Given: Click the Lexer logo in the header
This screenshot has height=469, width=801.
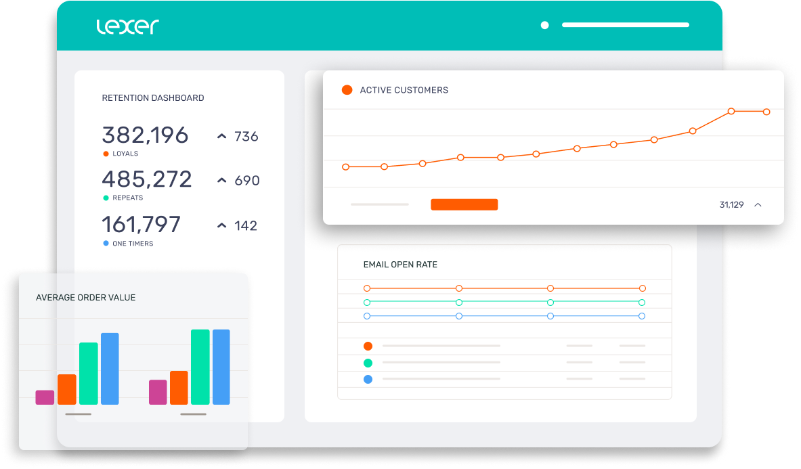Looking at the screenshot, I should [x=127, y=26].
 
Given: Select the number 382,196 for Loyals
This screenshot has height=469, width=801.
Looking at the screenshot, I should [x=145, y=135].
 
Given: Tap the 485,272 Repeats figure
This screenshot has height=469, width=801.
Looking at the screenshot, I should [x=147, y=179].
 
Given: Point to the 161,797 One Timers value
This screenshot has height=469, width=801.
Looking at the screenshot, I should [x=141, y=224].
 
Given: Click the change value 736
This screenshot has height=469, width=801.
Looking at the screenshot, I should [x=246, y=137].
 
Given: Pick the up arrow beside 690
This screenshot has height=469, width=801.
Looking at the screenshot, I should [x=221, y=181].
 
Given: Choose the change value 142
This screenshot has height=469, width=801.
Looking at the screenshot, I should [x=246, y=226].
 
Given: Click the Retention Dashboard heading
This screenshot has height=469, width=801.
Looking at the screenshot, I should [x=152, y=98].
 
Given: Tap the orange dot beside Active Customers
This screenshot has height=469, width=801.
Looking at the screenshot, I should [x=347, y=90].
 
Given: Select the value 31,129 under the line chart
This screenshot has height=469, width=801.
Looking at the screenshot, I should [x=731, y=204].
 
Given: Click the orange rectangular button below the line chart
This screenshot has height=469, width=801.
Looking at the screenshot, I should [x=464, y=204].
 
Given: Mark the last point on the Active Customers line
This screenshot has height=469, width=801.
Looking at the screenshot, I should [x=766, y=112].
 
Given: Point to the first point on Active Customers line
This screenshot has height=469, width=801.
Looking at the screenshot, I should [x=346, y=166].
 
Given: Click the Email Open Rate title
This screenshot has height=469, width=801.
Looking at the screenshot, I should [x=400, y=265].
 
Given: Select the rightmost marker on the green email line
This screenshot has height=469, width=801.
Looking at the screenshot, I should [x=642, y=303].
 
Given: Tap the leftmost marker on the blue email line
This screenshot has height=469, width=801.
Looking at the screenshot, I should [x=367, y=316].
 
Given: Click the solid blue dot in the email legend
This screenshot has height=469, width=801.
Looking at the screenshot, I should [x=368, y=380].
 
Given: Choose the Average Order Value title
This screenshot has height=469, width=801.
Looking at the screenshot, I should [x=85, y=298].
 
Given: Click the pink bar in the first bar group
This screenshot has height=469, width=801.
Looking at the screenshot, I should [x=45, y=397].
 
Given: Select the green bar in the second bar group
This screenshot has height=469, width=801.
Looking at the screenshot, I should [x=200, y=367].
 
